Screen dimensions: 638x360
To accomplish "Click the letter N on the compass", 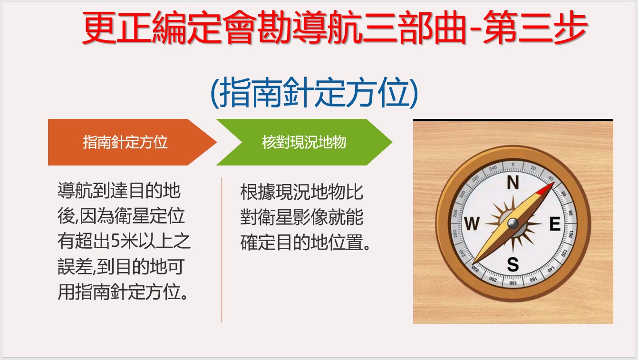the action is pyautogui.click(x=513, y=182).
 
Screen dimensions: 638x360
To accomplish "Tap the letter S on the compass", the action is pyautogui.click(x=512, y=264).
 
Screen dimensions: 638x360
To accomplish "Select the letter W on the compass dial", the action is pyautogui.click(x=472, y=224).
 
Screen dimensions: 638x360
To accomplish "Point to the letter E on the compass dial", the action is pyautogui.click(x=555, y=224).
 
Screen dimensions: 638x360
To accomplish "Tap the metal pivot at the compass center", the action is pyautogui.click(x=513, y=223).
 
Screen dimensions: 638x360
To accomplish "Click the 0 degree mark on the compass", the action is pyautogui.click(x=513, y=165).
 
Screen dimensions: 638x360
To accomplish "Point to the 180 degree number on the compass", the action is pyautogui.click(x=512, y=283).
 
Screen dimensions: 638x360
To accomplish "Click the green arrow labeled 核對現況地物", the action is pyautogui.click(x=304, y=142).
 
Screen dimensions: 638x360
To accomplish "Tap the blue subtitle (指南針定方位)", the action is pyautogui.click(x=314, y=93).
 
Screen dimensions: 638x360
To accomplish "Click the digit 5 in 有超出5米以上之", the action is pyautogui.click(x=116, y=241).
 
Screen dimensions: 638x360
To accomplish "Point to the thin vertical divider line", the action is pyautogui.click(x=222, y=250).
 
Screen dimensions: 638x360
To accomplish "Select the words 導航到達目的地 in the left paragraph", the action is pyautogui.click(x=119, y=190).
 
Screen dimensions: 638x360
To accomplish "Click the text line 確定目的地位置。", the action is pyautogui.click(x=305, y=243).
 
